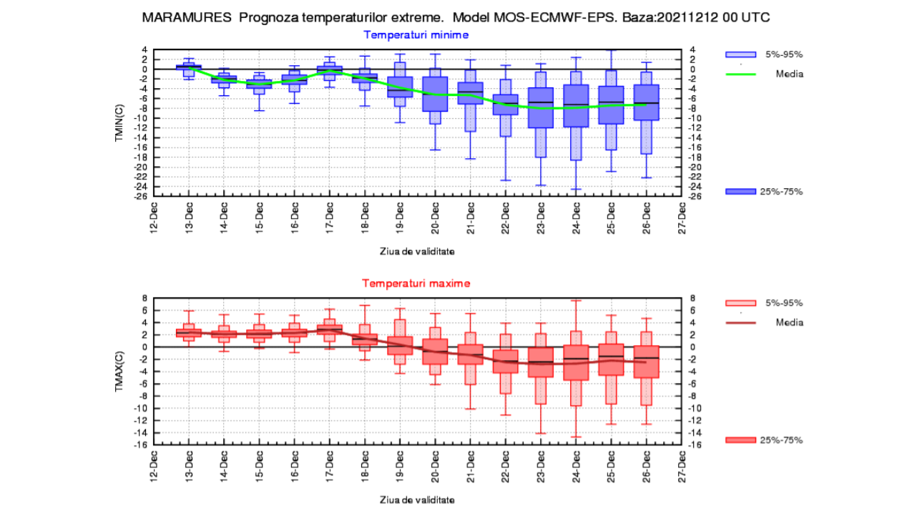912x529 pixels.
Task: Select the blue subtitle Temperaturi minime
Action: tap(416, 34)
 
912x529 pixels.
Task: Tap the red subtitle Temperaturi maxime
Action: tap(416, 283)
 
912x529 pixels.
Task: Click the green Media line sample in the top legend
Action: tap(740, 74)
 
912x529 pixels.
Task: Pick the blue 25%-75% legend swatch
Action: tap(740, 191)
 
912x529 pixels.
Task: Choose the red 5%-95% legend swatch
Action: tap(740, 303)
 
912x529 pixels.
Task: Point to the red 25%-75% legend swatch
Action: tap(740, 440)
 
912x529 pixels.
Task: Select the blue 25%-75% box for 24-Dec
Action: tap(576, 106)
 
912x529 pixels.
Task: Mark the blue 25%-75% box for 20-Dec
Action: tap(435, 94)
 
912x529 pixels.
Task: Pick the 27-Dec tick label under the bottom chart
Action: tap(682, 465)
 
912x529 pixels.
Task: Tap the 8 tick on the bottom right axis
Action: tap(692, 298)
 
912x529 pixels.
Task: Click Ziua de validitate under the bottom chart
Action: tap(416, 500)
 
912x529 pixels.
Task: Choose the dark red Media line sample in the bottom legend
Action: tap(740, 322)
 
